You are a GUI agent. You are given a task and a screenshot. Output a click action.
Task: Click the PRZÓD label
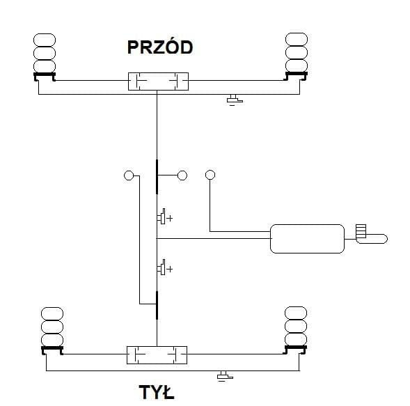pos(160,47)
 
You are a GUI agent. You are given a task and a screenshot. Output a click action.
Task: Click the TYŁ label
pos(157,392)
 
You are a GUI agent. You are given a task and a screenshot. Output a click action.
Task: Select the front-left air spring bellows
pos(45,53)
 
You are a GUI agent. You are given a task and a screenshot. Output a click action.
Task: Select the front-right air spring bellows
pos(297,52)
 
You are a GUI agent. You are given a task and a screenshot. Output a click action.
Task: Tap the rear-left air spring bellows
pos(52,327)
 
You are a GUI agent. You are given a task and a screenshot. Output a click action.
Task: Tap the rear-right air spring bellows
pos(296,326)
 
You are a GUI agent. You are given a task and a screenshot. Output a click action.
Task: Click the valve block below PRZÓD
pos(158,81)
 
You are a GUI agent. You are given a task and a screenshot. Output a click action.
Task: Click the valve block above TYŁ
pos(157,355)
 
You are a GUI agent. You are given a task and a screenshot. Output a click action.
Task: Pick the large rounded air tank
pos(307,239)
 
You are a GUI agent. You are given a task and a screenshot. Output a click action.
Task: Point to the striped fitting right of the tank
pos(361,231)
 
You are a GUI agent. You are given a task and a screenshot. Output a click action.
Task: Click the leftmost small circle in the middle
pos(129,175)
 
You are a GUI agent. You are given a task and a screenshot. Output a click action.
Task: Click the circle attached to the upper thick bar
pos(182,175)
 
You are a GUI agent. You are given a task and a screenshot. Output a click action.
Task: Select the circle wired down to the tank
pos(210,175)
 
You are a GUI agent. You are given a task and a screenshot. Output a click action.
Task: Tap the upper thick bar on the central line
pos(157,177)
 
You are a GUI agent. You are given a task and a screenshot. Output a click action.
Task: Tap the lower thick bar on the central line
pos(157,305)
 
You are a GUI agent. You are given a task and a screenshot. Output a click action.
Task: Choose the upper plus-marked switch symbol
pos(165,217)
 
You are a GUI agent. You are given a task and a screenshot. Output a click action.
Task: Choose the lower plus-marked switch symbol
pos(165,267)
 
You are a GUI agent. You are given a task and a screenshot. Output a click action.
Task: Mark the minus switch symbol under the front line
pos(235,100)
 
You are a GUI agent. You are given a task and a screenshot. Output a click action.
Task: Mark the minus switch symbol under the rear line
pos(225,376)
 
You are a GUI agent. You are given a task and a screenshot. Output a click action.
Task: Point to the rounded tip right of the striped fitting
pos(384,239)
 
